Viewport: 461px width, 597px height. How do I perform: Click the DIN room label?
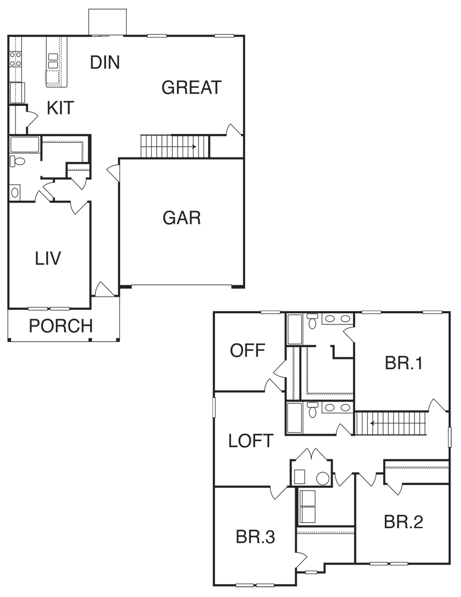pos(105,62)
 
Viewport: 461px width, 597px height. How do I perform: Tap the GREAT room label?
pos(191,87)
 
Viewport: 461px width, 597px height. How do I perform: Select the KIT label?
pos(60,108)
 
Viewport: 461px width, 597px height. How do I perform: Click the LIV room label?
pos(48,258)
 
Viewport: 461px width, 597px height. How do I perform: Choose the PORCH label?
pos(61,326)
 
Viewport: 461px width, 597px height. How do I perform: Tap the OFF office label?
pos(247,350)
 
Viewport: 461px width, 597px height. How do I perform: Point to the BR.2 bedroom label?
pos(404,522)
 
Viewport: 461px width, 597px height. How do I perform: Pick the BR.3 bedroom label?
pos(255,537)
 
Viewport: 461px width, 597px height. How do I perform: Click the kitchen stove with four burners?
pos(16,59)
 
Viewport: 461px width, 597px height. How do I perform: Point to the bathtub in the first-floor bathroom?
pos(25,144)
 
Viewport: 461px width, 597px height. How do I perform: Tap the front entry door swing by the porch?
pos(104,289)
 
